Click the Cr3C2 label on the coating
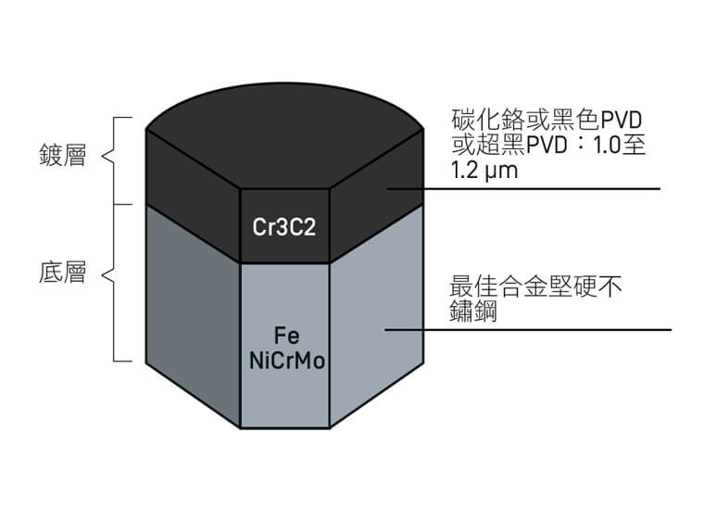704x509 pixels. click(x=284, y=226)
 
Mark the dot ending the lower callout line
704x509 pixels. click(x=388, y=329)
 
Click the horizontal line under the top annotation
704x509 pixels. click(x=556, y=188)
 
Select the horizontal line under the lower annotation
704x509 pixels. click(x=556, y=329)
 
